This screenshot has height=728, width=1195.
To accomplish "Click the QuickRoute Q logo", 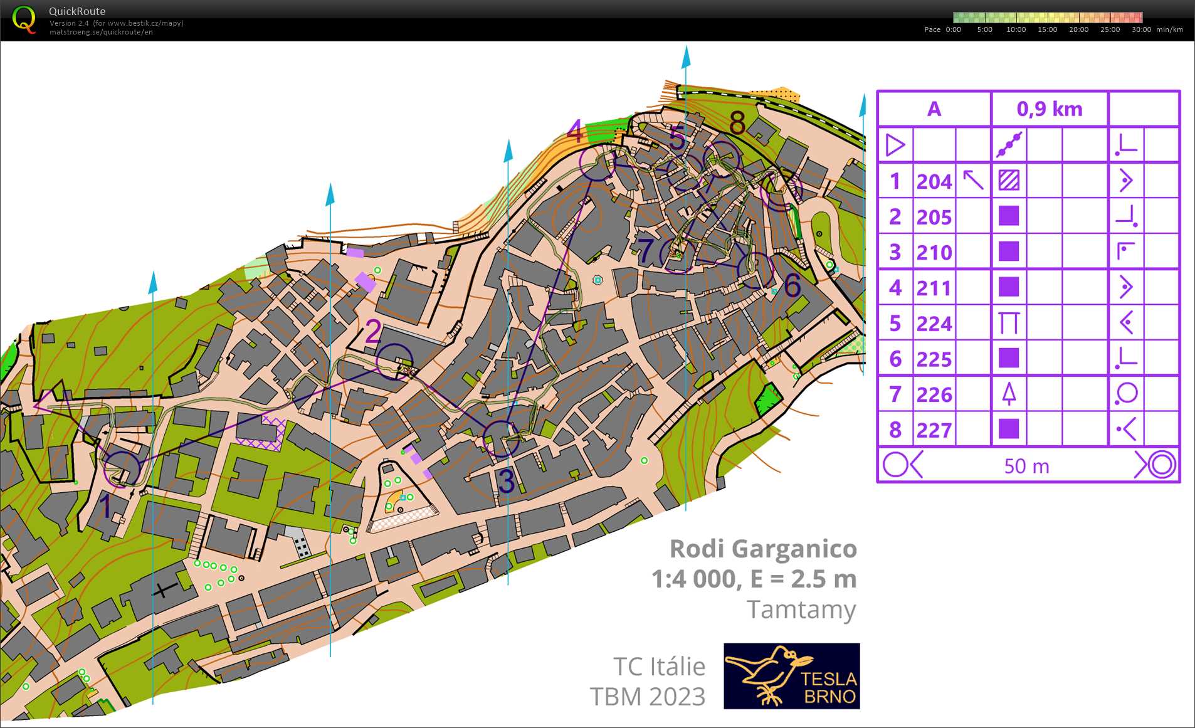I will click(24, 20).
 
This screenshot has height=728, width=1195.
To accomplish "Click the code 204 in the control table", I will click(934, 182).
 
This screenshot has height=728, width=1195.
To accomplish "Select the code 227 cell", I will click(934, 430).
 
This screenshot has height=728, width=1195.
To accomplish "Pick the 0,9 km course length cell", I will click(1049, 109).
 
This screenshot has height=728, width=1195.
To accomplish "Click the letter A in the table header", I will click(934, 109).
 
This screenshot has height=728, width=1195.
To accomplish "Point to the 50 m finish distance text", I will click(1026, 466).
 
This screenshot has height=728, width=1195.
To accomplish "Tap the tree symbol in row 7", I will click(1008, 394).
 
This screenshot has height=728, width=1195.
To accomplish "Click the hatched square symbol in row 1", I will click(1008, 181).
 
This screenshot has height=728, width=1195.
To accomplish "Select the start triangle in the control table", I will click(895, 145).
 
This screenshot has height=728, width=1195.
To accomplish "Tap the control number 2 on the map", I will click(372, 331).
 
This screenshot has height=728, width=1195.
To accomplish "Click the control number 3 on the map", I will click(505, 482).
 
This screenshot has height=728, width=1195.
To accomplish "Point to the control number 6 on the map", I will click(792, 286).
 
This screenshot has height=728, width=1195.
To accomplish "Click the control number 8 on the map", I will click(737, 123).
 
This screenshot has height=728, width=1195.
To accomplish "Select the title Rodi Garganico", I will click(762, 549).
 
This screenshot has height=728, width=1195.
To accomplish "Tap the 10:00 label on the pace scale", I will click(1016, 29).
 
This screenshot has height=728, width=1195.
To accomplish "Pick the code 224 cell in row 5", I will click(934, 324).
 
